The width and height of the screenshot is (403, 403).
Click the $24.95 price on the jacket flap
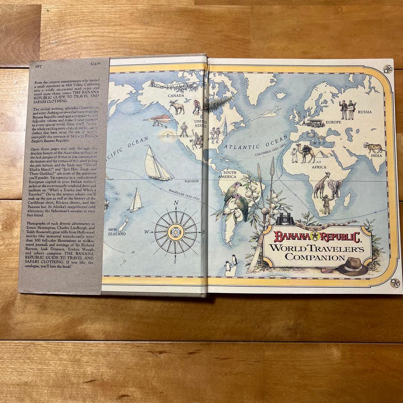pyautogui.click(x=96, y=64)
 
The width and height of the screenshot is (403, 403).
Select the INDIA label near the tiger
pyautogui.click(x=376, y=156)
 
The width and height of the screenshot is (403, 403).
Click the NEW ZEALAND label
pyautogui.click(x=117, y=232)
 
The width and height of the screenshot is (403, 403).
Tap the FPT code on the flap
pyautogui.click(x=33, y=64)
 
